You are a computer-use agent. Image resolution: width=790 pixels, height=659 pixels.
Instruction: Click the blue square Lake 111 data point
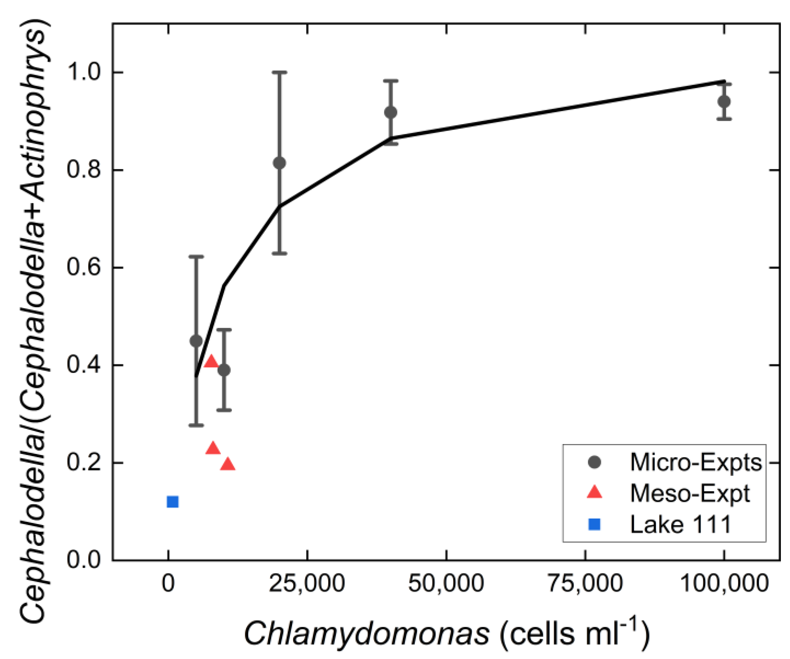173,501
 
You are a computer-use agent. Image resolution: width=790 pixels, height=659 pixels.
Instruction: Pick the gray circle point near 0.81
279,163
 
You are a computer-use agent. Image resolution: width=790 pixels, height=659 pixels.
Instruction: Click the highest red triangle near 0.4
211,362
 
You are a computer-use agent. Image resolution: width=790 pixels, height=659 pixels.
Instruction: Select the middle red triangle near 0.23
213,448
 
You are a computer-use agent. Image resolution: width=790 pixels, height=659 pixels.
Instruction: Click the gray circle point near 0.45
196,341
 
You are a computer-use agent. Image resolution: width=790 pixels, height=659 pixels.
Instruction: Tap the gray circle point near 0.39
224,370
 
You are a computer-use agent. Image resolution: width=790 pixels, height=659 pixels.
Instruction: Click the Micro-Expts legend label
695,462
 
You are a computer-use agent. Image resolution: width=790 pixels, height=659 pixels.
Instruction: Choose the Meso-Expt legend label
690,493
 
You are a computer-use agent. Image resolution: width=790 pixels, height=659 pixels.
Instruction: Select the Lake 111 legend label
680,524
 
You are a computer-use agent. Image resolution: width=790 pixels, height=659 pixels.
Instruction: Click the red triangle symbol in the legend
594,492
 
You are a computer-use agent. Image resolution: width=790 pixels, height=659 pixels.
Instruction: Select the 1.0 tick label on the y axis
84,72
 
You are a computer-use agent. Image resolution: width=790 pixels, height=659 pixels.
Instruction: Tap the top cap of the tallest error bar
279,72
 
